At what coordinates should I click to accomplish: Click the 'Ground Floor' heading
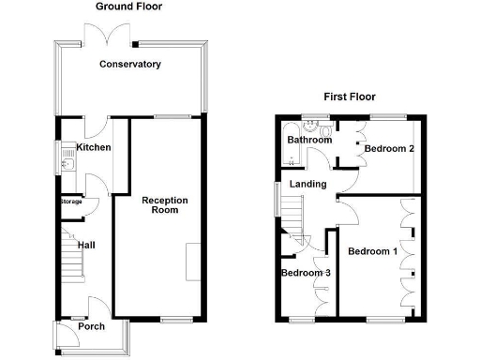pyautogui.click(x=128, y=7)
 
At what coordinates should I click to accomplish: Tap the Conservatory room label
pyautogui.click(x=130, y=65)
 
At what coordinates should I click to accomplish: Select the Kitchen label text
pyautogui.click(x=94, y=148)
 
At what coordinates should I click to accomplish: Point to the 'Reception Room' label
pyautogui.click(x=165, y=205)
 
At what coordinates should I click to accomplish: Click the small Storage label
pyautogui.click(x=71, y=202)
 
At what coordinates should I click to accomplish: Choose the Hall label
pyautogui.click(x=86, y=245)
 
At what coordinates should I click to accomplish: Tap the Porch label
pyautogui.click(x=91, y=327)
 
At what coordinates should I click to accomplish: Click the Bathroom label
pyautogui.click(x=309, y=140)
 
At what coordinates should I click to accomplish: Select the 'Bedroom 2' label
pyautogui.click(x=389, y=149)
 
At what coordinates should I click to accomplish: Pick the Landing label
pyautogui.click(x=307, y=185)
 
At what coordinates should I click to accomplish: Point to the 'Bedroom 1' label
pyautogui.click(x=372, y=251)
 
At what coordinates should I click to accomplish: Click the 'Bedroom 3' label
pyautogui.click(x=307, y=273)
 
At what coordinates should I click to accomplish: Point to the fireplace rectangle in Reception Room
pyautogui.click(x=192, y=261)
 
